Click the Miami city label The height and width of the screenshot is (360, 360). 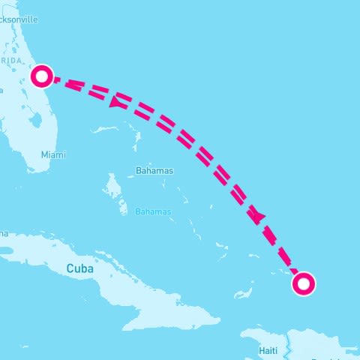tap(53, 154)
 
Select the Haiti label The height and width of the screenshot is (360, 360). tap(268, 350)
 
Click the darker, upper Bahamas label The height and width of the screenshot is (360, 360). tap(154, 171)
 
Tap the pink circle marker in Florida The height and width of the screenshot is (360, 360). tap(43, 75)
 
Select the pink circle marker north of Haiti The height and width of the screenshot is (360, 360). tap(303, 283)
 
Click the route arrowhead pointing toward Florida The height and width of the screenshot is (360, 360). tap(115, 102)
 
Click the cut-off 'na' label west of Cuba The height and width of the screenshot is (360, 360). tap(3, 233)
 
